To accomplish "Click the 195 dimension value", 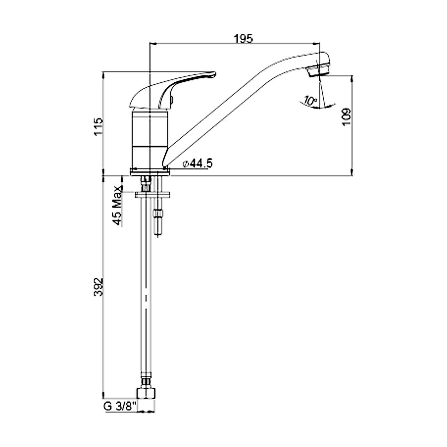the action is pos(243,39).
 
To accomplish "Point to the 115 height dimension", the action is pos(98,127).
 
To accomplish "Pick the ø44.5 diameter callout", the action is pos(198,163).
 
